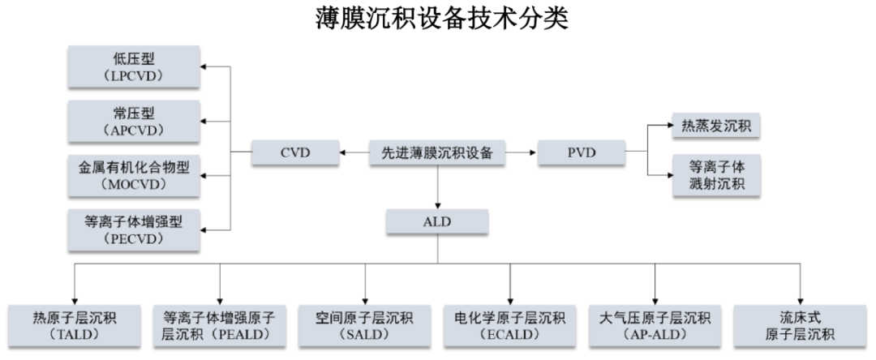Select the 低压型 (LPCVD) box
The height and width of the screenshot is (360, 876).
pyautogui.click(x=134, y=67)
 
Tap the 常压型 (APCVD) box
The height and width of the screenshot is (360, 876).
pyautogui.click(x=134, y=122)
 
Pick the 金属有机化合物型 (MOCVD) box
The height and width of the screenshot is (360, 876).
pyautogui.click(x=134, y=176)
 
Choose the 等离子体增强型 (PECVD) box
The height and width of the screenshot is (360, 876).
pyautogui.click(x=134, y=229)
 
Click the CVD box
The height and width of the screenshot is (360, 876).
pyautogui.click(x=295, y=152)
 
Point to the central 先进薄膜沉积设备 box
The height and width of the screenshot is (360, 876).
pyautogui.click(x=437, y=152)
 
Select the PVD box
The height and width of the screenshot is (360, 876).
pyautogui.click(x=581, y=152)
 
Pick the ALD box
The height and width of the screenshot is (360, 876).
pyautogui.click(x=437, y=221)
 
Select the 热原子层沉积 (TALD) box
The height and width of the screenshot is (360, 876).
pyautogui.click(x=74, y=325)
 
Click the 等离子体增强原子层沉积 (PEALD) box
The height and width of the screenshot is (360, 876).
pyautogui.click(x=220, y=325)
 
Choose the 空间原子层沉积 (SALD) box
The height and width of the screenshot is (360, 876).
pyautogui.click(x=365, y=325)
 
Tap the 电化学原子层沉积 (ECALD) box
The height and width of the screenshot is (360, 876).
pyautogui.click(x=509, y=325)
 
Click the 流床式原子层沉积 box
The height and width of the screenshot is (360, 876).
pyautogui.click(x=800, y=325)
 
